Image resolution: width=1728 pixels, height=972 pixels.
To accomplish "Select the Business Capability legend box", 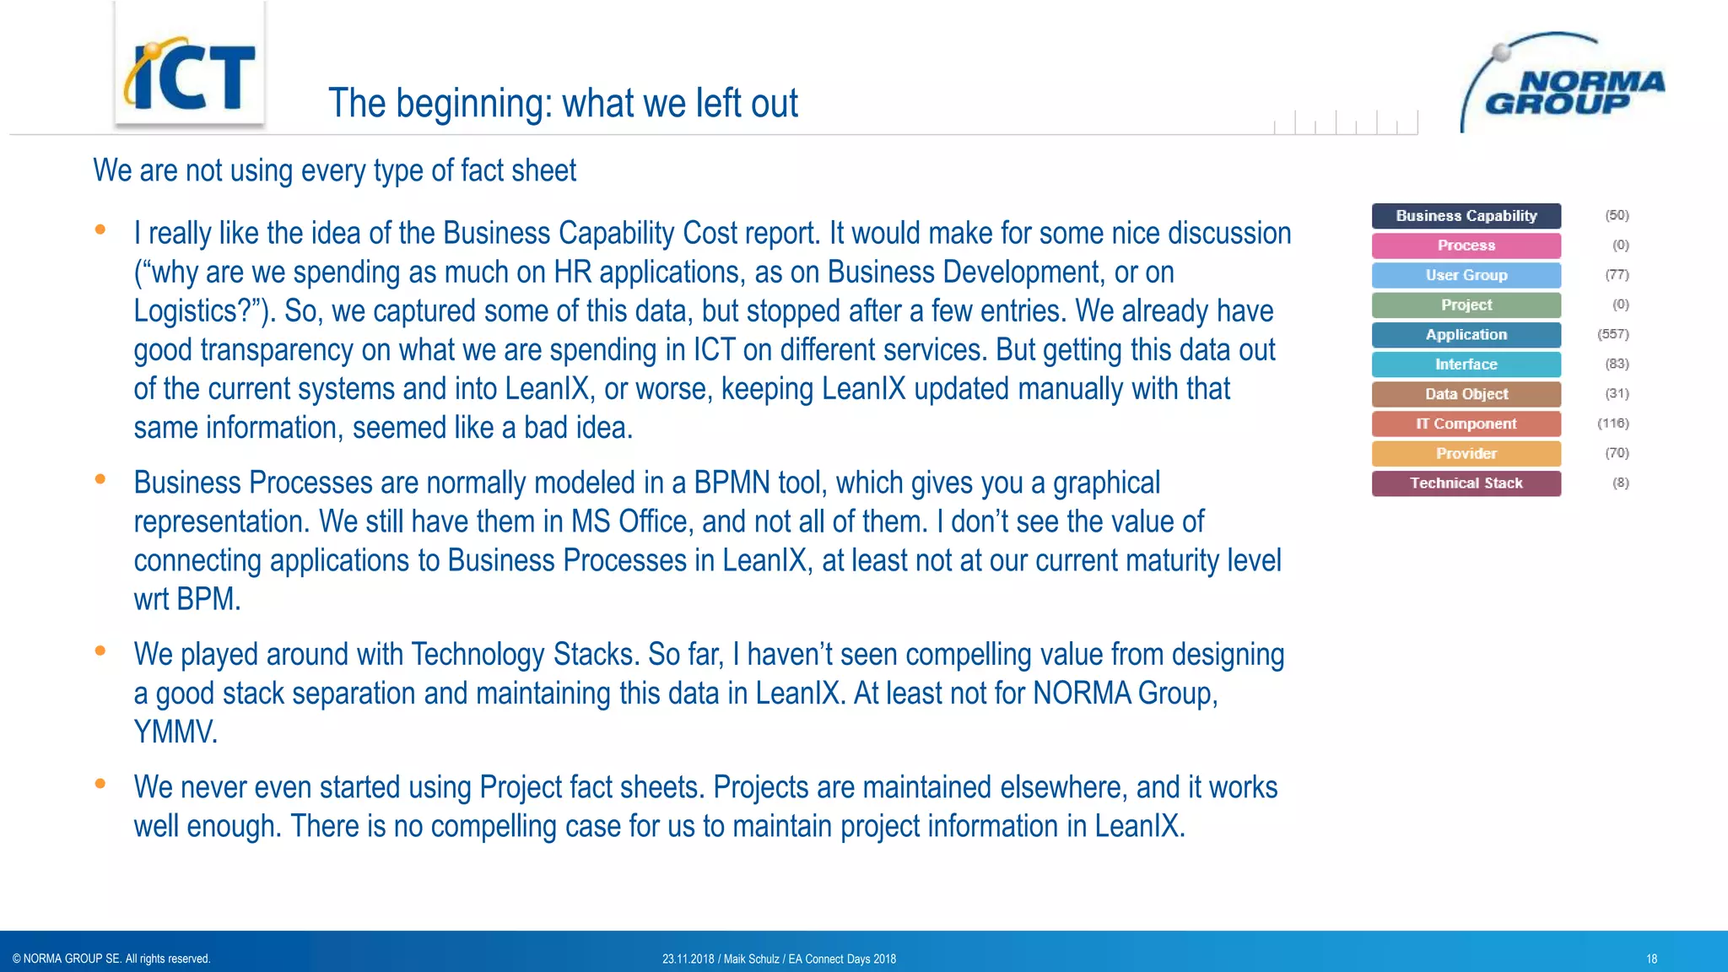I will point(1466,216).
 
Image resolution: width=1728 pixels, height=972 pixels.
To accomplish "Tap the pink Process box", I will point(1466,246).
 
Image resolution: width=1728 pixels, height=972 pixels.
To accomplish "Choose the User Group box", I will point(1466,275).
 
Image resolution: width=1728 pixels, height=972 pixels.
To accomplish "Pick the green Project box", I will point(1466,305).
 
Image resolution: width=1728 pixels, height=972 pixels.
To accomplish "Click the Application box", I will point(1466,335).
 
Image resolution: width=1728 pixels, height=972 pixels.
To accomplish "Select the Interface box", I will point(1466,364).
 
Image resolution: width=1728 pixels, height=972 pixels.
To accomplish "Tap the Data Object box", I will point(1466,394).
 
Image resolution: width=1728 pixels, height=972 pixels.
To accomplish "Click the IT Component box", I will point(1466,424).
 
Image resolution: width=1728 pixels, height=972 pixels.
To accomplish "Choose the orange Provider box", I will point(1466,453).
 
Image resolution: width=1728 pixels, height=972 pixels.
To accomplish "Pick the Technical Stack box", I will point(1466,483).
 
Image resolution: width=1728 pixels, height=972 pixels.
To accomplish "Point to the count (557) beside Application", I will point(1612,334).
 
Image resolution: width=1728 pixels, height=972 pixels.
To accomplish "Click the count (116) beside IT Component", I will point(1612,424).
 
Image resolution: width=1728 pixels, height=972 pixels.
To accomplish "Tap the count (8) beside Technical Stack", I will point(1620,483).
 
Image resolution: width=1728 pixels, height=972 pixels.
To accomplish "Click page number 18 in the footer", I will point(1651,958).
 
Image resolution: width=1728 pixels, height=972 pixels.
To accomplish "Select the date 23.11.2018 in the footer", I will point(688,958).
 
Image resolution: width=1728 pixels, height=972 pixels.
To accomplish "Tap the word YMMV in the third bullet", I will point(175,732).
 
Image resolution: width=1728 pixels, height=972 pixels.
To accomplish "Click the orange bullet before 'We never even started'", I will point(100,783).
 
